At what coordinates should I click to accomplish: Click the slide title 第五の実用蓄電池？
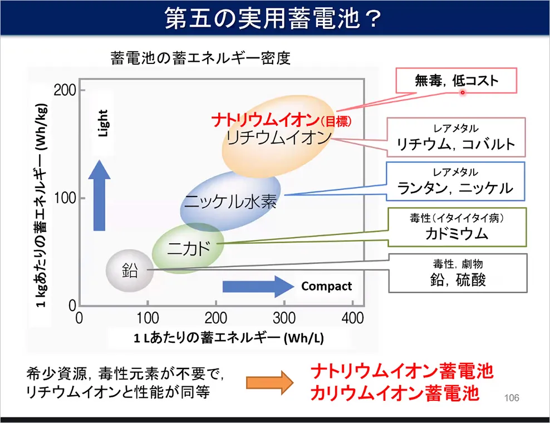[x=273, y=18]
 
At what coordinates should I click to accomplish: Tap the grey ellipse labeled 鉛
[x=130, y=270]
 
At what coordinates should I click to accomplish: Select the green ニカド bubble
[x=188, y=248]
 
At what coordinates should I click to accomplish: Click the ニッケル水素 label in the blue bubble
[x=230, y=201]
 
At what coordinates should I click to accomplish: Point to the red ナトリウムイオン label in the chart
[x=265, y=120]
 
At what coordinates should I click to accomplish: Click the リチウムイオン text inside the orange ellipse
[x=278, y=137]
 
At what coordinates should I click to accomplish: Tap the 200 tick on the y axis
[x=65, y=91]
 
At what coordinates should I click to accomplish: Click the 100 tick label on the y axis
[x=65, y=198]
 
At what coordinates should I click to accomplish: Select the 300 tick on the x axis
[x=284, y=318]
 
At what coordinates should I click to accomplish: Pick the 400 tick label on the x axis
[x=352, y=318]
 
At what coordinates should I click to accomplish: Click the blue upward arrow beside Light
[x=99, y=195]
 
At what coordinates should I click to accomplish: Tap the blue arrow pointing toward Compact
[x=258, y=287]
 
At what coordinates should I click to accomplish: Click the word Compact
[x=326, y=287]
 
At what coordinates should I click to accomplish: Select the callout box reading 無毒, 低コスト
[x=456, y=81]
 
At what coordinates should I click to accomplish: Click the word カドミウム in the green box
[x=456, y=234]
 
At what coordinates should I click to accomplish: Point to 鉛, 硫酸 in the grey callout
[x=458, y=280]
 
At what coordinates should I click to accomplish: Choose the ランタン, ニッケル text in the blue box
[x=455, y=188]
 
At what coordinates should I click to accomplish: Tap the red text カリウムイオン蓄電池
[x=395, y=393]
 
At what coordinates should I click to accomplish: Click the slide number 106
[x=512, y=398]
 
